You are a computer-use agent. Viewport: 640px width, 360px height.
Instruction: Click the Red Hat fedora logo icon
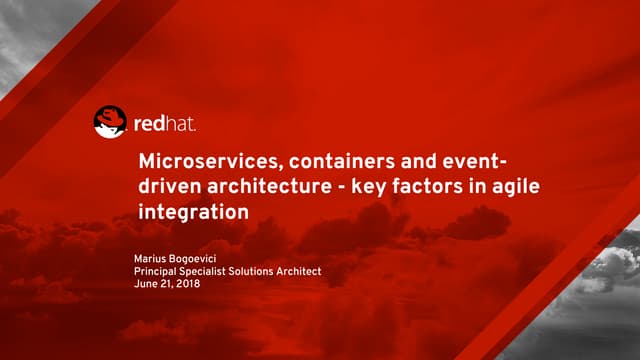(110, 122)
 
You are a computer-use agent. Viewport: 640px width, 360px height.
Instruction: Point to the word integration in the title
(191, 213)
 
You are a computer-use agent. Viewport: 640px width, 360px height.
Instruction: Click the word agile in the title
(464, 187)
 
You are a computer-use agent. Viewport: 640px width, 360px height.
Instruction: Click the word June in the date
(145, 284)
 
